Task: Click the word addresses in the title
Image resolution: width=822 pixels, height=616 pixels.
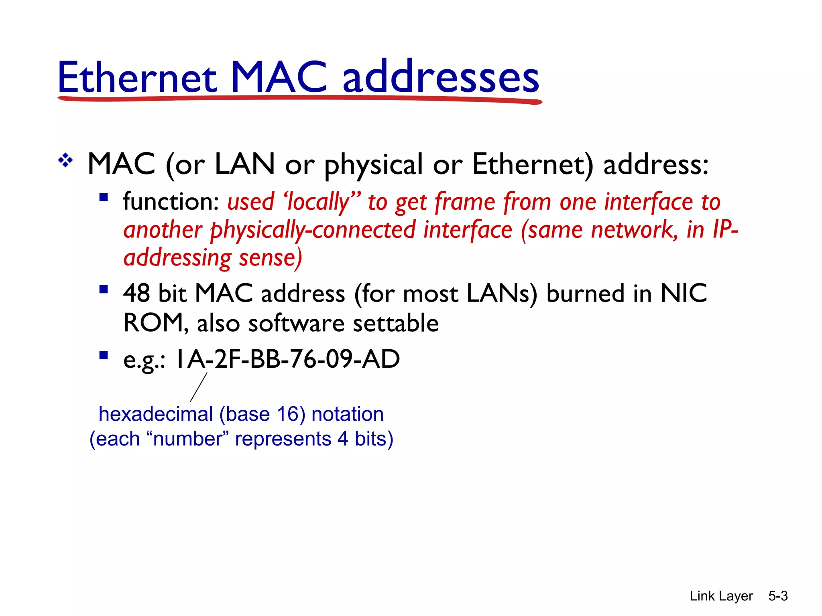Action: pos(441,77)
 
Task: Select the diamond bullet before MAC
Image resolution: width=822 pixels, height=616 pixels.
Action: pos(65,161)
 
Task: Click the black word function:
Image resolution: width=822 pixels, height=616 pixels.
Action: pos(171,201)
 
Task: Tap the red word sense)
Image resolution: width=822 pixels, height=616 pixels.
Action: pos(270,258)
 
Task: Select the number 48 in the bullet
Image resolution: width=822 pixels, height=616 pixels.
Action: pos(136,293)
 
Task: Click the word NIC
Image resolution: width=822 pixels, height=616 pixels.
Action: pos(684,293)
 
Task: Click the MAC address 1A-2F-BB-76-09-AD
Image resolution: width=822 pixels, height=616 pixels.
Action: pos(287,359)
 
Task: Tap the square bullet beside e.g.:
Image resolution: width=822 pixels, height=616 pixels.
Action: pos(104,355)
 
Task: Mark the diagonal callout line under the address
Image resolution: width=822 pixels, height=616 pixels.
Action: pos(199,387)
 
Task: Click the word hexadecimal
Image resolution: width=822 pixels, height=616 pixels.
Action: pos(156,414)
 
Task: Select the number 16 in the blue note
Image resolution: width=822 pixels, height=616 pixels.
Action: pos(287,414)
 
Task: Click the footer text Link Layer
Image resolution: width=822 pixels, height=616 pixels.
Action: pos(721,596)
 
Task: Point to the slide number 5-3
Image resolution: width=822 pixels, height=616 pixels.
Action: pos(778,596)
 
